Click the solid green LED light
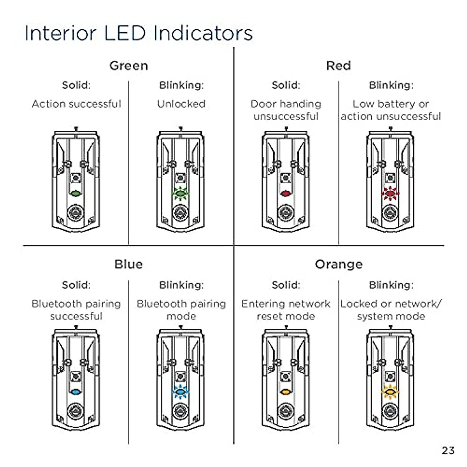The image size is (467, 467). pos(75,193)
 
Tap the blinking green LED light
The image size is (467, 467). pos(180,193)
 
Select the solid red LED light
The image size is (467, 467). pos(286,193)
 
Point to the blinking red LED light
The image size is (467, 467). pos(390,193)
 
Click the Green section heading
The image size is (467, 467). pos(129,66)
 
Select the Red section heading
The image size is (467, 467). pos(339,66)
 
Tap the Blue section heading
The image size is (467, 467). pos(128,264)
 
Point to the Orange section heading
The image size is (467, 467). pos(339,265)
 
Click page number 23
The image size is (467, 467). pos(448,451)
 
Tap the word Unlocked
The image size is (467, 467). pos(181,104)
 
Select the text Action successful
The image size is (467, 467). pos(76,104)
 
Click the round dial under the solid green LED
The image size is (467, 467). pos(75,213)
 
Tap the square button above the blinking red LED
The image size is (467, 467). pos(390,178)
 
